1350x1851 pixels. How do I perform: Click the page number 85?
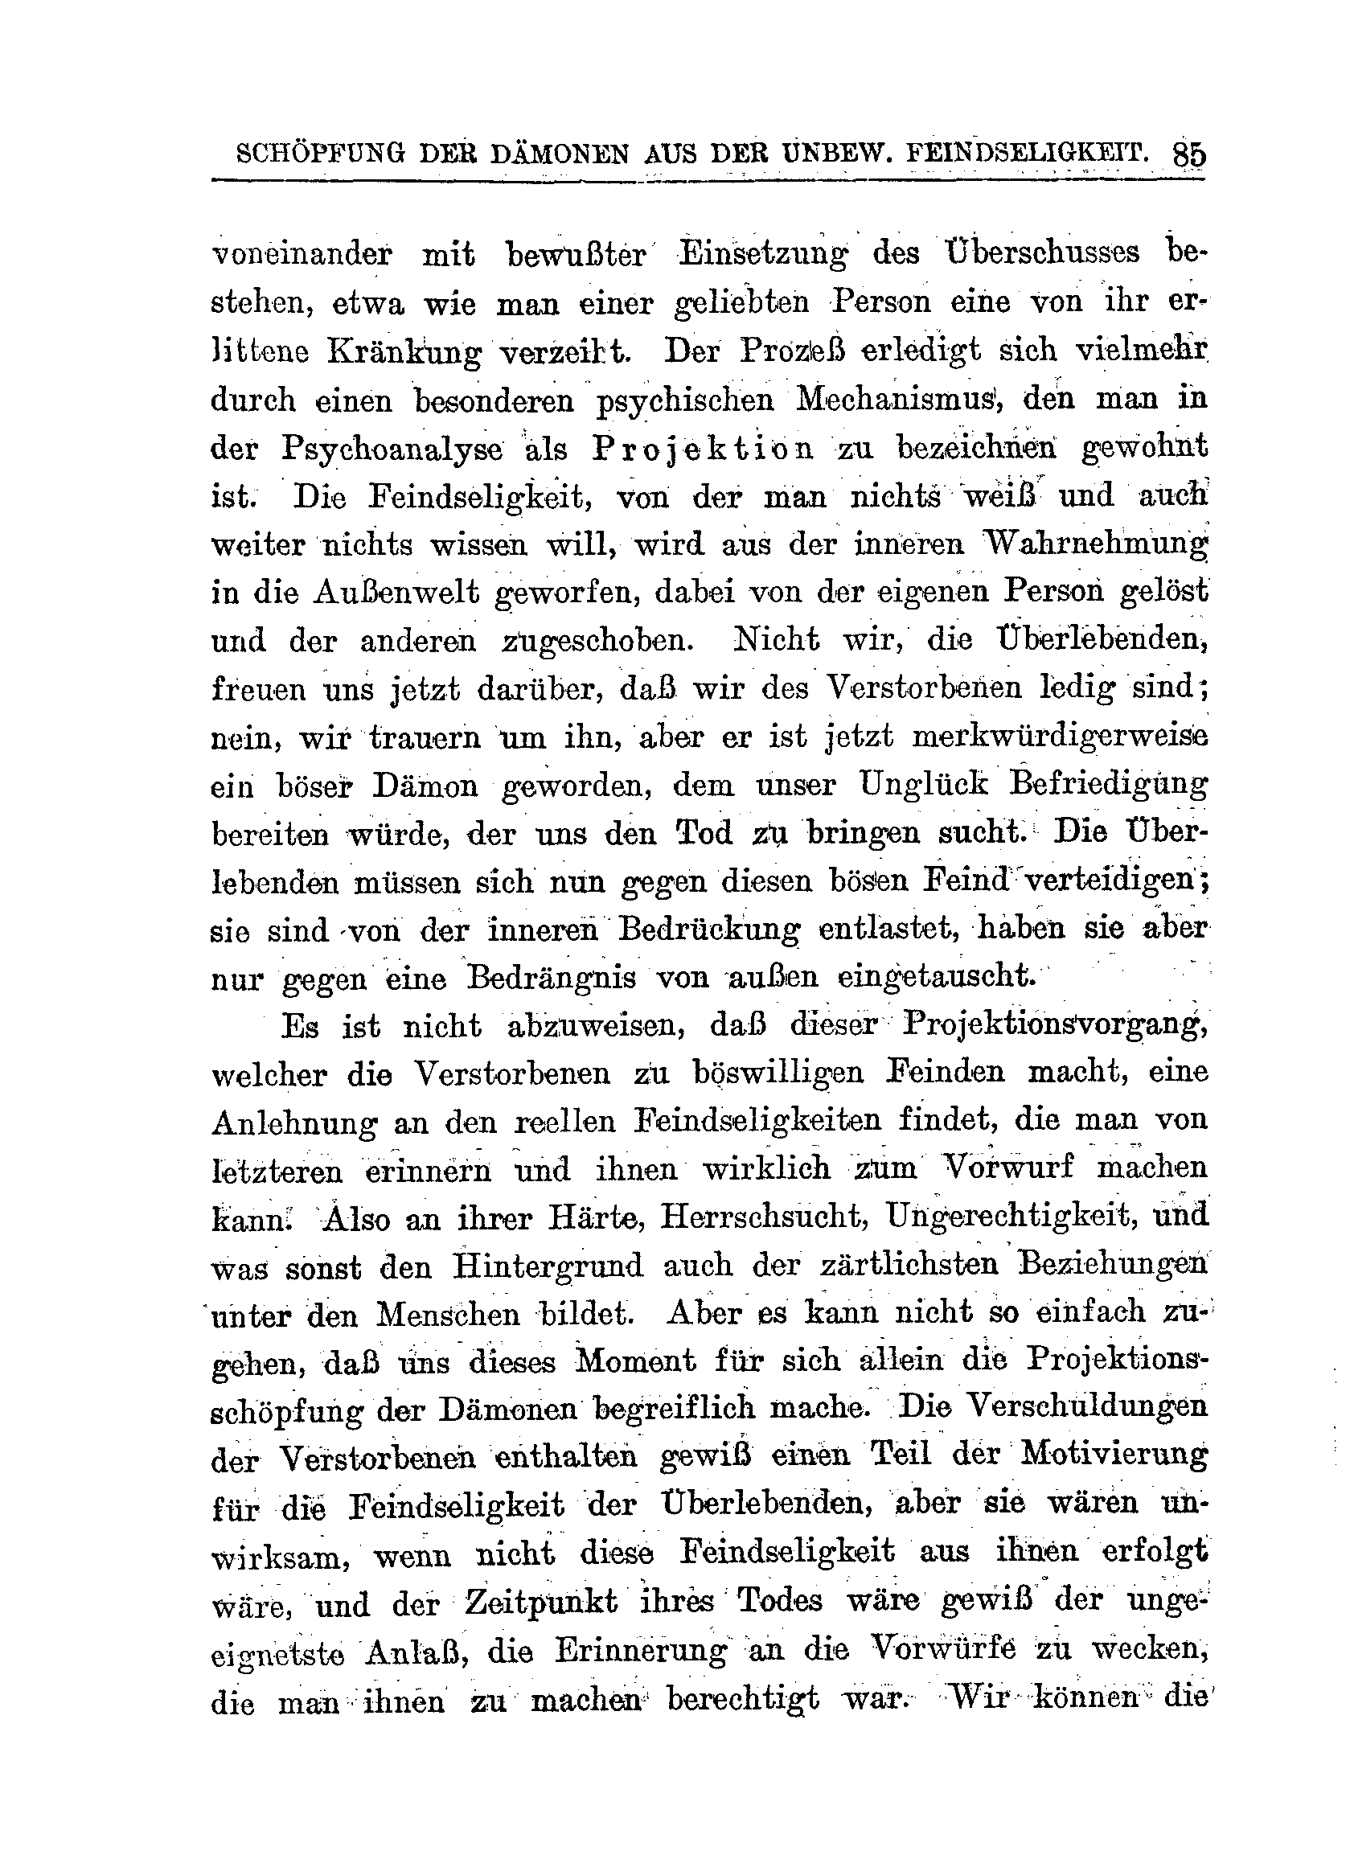coord(1188,154)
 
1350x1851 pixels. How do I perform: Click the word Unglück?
coord(924,786)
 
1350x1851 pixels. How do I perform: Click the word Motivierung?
coord(1114,1459)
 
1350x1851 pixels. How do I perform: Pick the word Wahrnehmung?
coord(1095,544)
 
